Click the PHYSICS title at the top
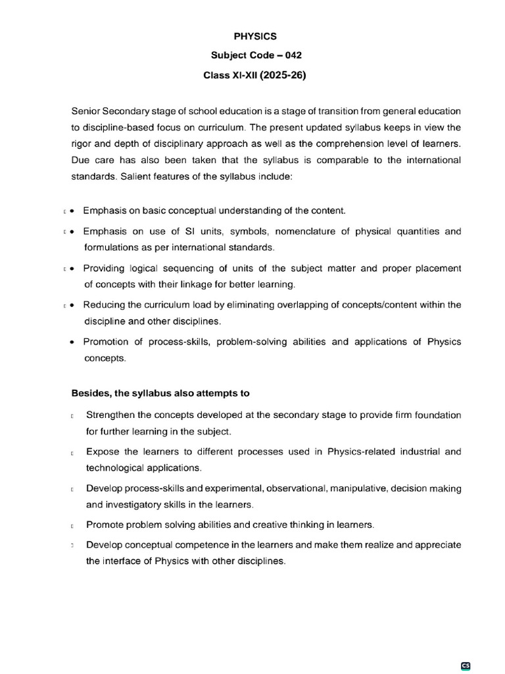click(x=254, y=38)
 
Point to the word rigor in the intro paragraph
click(x=82, y=143)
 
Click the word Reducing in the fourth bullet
click(x=103, y=305)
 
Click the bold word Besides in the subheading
click(x=91, y=394)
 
